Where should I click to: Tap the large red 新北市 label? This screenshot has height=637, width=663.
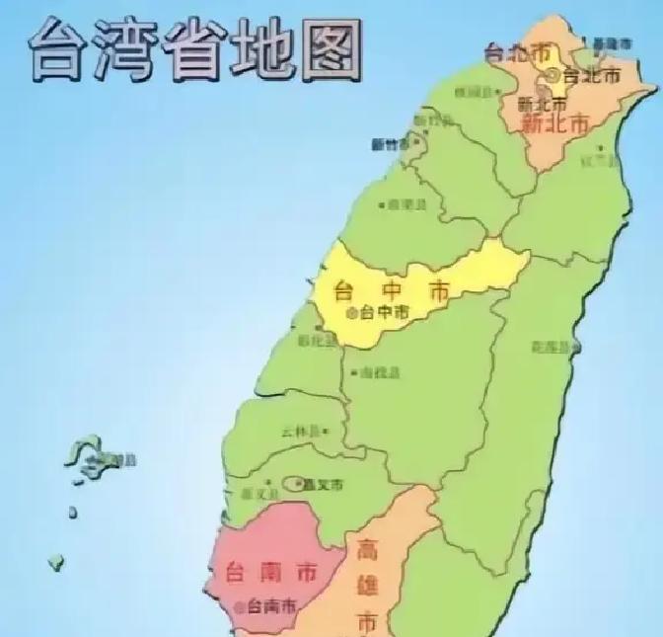(x=554, y=123)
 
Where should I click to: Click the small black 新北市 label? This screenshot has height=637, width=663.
(x=542, y=103)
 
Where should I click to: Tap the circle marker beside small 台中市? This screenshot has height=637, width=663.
(x=353, y=312)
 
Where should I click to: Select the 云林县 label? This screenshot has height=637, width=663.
(x=299, y=431)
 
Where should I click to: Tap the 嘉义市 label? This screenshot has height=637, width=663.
(x=324, y=485)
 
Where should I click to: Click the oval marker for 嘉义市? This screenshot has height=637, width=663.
(x=294, y=484)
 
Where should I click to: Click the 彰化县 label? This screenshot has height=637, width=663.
(x=316, y=339)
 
